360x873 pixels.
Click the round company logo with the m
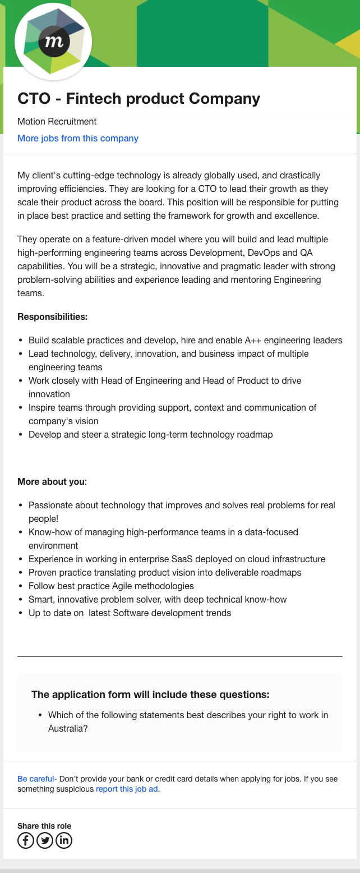click(x=53, y=42)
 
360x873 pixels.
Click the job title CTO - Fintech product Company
click(x=139, y=99)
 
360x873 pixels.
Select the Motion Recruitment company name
click(x=57, y=121)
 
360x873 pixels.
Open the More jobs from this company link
click(x=77, y=138)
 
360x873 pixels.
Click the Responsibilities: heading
click(x=52, y=316)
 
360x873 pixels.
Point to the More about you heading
click(x=52, y=481)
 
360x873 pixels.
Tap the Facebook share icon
click(x=26, y=840)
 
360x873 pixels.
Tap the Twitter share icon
click(x=45, y=840)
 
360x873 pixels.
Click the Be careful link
click(x=35, y=779)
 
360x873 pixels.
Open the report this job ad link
click(x=127, y=789)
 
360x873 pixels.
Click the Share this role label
click(x=44, y=826)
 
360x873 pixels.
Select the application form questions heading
click(x=150, y=695)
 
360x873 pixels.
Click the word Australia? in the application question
click(x=68, y=728)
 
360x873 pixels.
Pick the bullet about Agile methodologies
click(x=111, y=586)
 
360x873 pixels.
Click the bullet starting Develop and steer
click(x=150, y=434)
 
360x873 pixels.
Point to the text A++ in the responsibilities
click(x=253, y=340)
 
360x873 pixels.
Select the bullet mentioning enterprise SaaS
click(x=177, y=559)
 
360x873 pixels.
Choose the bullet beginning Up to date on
click(x=130, y=613)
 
